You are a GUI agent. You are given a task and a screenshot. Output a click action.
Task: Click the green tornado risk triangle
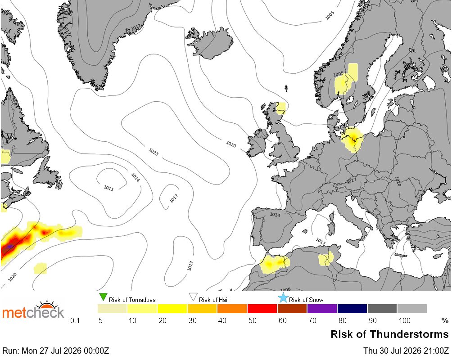[x=103, y=297]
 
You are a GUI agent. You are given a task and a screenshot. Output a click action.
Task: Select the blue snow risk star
[x=283, y=298]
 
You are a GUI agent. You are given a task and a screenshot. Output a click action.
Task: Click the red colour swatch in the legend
[x=262, y=308]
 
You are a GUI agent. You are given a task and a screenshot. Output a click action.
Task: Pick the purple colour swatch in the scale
[x=322, y=308]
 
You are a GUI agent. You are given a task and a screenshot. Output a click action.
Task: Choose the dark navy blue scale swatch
[x=352, y=308]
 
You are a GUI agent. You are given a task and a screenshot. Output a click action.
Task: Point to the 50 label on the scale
[x=252, y=320]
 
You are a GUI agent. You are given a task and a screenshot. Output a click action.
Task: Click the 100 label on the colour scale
[x=404, y=320]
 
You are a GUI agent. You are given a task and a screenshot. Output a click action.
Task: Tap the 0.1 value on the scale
[x=75, y=320]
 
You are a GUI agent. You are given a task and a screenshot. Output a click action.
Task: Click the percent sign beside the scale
[x=445, y=320]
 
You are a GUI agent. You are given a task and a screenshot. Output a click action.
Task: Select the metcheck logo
[x=33, y=310]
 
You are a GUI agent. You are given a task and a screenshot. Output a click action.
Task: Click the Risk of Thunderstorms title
[x=389, y=334]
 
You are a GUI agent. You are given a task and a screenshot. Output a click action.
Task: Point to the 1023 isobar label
[x=154, y=152]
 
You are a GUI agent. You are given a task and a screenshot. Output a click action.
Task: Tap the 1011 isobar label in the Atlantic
[x=108, y=188]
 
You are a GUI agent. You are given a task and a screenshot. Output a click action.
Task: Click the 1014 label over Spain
[x=275, y=215]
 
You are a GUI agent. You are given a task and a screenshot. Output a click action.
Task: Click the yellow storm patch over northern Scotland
[x=280, y=108]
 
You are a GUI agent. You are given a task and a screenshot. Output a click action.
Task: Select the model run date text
[x=56, y=351]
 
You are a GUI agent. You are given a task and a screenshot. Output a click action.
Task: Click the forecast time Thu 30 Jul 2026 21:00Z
[x=406, y=351]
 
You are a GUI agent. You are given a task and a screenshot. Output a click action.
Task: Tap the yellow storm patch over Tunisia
[x=326, y=259]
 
